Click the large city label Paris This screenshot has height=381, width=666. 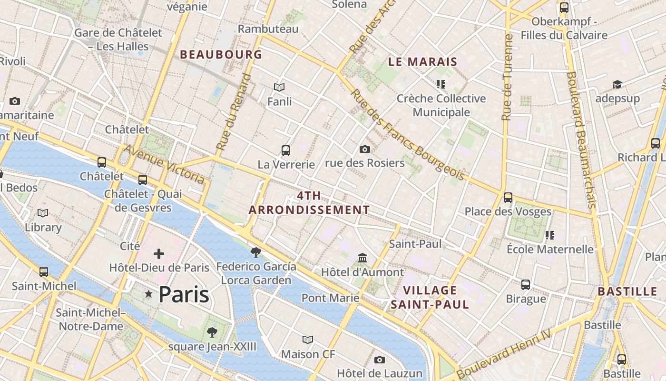[184, 295]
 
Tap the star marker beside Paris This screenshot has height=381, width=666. [149, 295]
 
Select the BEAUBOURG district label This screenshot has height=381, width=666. [221, 54]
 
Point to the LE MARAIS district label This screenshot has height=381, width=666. [423, 61]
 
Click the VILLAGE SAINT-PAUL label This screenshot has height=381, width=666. [430, 297]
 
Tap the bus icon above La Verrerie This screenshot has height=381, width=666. [286, 150]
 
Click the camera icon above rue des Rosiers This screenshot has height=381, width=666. [365, 150]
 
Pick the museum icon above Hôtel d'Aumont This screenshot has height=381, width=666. [363, 258]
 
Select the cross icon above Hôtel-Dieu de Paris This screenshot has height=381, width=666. [159, 254]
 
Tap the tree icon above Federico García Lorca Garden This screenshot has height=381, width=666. [256, 252]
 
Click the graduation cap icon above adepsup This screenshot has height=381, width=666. [617, 85]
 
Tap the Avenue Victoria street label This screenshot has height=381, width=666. [164, 164]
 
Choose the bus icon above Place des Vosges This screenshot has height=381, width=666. [508, 197]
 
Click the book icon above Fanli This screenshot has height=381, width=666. [279, 87]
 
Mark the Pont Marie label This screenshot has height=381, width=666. [331, 298]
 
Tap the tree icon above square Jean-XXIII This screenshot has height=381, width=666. [212, 332]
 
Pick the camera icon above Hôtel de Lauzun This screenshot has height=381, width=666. [379, 360]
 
